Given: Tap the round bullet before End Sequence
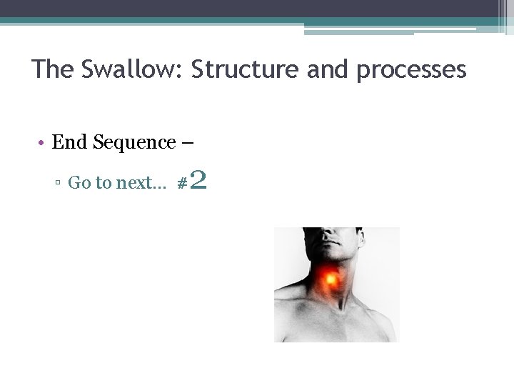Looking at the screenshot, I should click(x=43, y=143).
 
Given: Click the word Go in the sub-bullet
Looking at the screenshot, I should click(x=79, y=183).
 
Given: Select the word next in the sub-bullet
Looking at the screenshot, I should click(x=136, y=183).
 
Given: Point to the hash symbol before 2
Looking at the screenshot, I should click(x=181, y=184).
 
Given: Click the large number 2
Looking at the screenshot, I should click(x=198, y=180).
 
